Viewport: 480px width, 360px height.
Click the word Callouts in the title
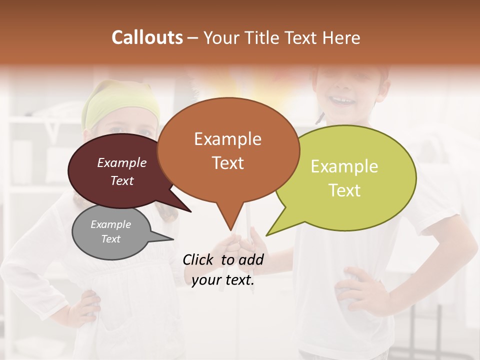[x=147, y=37]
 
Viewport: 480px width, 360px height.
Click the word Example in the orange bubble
[x=227, y=139]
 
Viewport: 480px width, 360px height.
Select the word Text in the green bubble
[x=344, y=190]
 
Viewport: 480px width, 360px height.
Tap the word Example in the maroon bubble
[x=121, y=162]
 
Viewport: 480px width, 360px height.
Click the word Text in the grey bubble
[x=110, y=239]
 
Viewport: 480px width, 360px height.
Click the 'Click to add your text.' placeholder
[x=223, y=270]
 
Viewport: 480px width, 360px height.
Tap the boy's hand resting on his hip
[x=357, y=290]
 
